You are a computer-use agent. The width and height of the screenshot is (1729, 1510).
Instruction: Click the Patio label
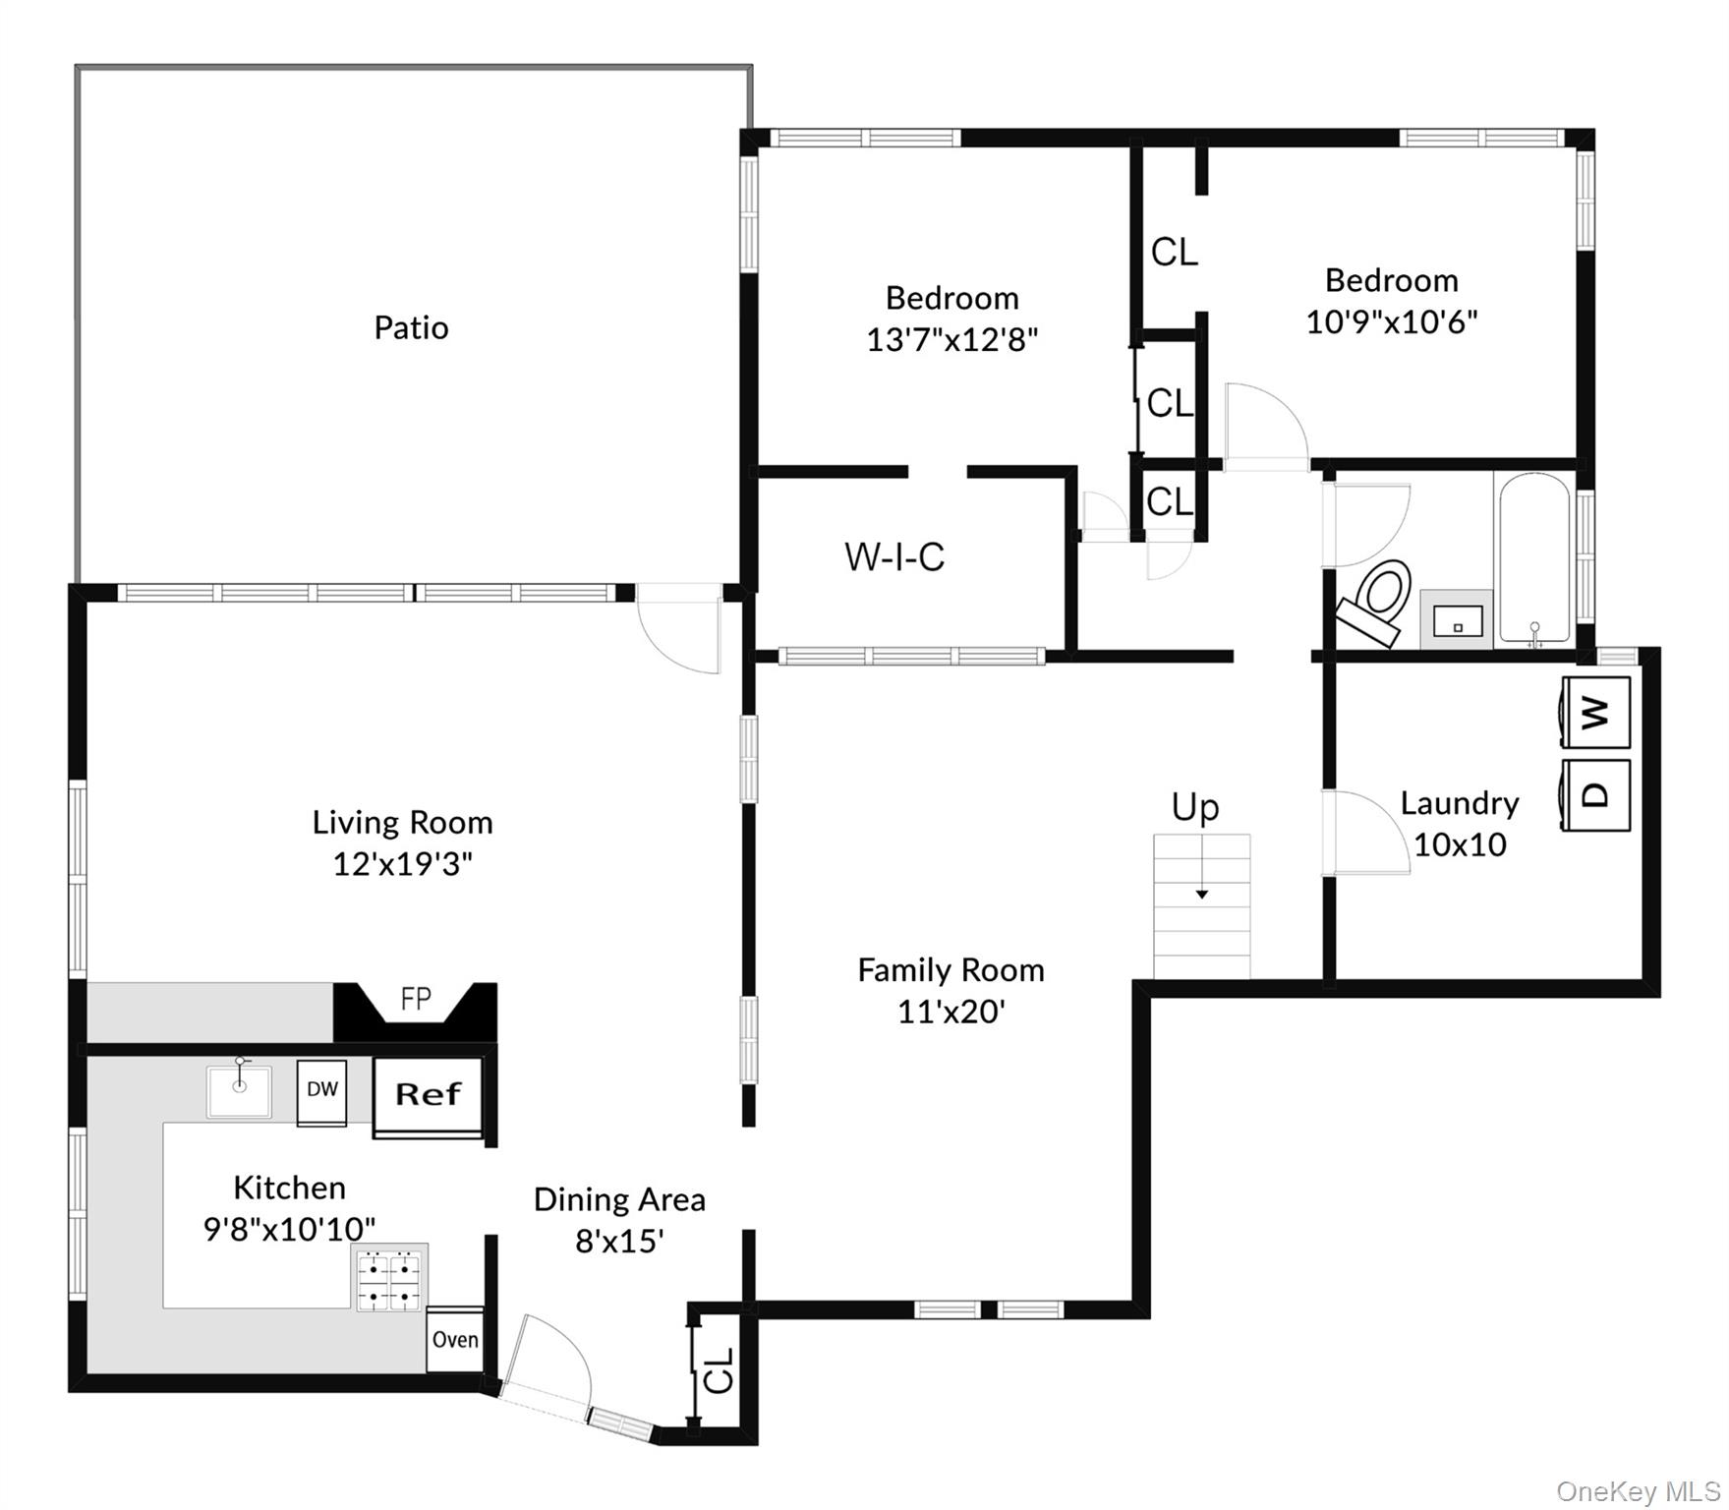(x=411, y=327)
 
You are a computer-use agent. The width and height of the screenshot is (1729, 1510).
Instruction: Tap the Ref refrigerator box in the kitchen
(x=428, y=1095)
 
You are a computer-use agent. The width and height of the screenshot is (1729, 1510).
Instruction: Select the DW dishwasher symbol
(x=321, y=1091)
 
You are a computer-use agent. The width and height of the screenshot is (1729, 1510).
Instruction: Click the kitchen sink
(x=239, y=1091)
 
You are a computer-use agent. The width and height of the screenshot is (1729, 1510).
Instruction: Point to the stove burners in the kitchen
(x=390, y=1282)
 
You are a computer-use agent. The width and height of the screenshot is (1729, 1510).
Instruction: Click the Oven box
(x=455, y=1340)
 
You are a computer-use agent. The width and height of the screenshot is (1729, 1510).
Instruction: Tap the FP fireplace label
(x=416, y=1000)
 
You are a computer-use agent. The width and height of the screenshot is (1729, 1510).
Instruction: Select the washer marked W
(x=1596, y=712)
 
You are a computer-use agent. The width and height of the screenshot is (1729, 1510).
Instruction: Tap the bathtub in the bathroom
(x=1534, y=560)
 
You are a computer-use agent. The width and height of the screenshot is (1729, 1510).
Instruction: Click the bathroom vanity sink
(x=1458, y=620)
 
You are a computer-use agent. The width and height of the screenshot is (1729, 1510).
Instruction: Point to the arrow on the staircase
(x=1201, y=893)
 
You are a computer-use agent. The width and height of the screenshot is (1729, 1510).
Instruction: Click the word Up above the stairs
(x=1195, y=807)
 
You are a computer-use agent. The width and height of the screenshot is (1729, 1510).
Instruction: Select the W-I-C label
(x=894, y=557)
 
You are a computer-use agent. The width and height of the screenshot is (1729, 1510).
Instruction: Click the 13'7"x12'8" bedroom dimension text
(x=951, y=340)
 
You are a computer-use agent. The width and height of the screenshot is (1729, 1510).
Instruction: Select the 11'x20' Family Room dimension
(x=951, y=1012)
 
